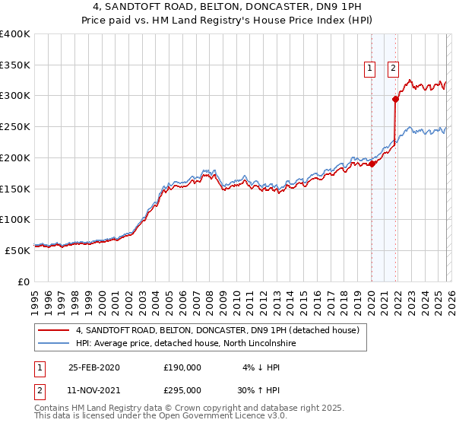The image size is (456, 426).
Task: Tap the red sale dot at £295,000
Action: point(395,98)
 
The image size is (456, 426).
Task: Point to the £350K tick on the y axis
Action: point(15,65)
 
